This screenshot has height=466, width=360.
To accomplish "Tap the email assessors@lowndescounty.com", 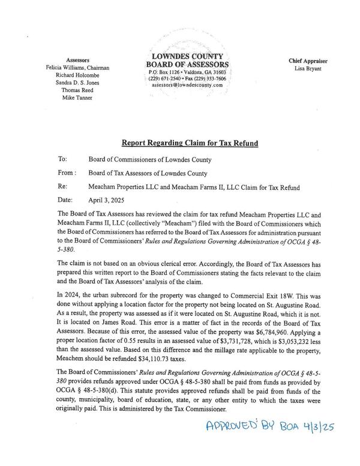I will [187, 85].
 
